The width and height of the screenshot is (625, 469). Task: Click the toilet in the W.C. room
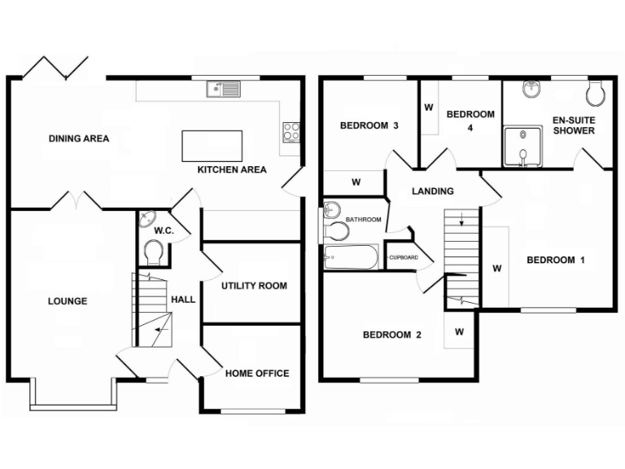point(152,252)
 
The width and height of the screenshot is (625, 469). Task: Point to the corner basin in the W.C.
point(147,221)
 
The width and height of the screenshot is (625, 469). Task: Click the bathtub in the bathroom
point(351,259)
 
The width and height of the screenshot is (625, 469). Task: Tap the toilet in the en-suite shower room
point(597,93)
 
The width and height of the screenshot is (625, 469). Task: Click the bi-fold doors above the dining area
point(55,68)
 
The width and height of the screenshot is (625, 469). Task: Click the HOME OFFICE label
point(256,374)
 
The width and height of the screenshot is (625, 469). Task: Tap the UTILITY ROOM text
point(254,286)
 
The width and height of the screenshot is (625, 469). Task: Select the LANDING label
point(432,192)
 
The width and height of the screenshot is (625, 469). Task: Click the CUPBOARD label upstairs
point(403,258)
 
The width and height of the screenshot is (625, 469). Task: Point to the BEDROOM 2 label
point(391,335)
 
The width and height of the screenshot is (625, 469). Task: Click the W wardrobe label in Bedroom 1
point(495,268)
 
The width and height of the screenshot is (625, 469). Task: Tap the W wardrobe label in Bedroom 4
point(428,107)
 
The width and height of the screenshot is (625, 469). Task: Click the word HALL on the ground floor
point(183,300)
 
